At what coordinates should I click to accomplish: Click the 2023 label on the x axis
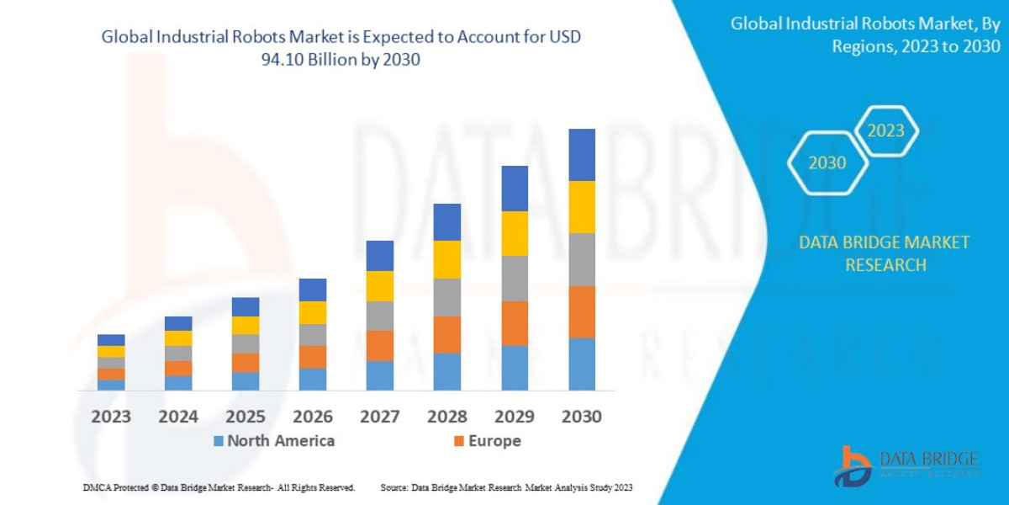click(111, 417)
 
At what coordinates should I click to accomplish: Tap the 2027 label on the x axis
click(380, 417)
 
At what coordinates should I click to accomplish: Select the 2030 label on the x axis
click(581, 417)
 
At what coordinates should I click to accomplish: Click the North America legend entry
click(273, 441)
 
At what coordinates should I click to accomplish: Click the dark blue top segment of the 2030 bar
click(581, 155)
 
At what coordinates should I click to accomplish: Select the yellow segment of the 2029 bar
click(515, 233)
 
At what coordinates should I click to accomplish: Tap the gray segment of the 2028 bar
click(447, 297)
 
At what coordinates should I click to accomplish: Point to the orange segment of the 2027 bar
click(380, 345)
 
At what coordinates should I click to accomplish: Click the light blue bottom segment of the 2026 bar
click(313, 379)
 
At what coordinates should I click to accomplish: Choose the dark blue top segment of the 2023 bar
click(111, 340)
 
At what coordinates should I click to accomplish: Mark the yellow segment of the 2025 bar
click(246, 325)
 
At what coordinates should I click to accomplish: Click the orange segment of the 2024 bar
click(178, 368)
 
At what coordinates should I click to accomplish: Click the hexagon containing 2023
click(885, 130)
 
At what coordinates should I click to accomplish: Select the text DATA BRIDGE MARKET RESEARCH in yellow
click(884, 253)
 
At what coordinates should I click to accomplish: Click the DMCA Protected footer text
click(219, 487)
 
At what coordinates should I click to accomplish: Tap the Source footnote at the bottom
click(506, 487)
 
